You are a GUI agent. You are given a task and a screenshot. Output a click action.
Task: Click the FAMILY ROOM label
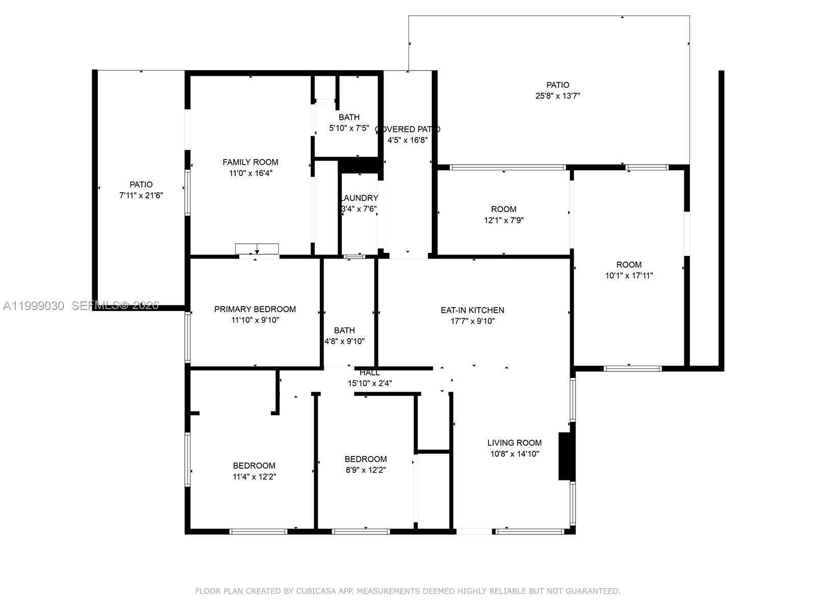(250, 162)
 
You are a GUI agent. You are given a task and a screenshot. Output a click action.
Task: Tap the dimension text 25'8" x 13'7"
(557, 96)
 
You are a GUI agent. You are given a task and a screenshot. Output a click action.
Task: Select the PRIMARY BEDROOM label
(254, 309)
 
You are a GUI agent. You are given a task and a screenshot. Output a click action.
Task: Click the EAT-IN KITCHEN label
(472, 310)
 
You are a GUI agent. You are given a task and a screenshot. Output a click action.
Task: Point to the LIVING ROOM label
(514, 443)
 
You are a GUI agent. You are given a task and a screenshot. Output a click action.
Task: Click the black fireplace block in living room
(566, 456)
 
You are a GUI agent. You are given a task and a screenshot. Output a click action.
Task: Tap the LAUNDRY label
(360, 198)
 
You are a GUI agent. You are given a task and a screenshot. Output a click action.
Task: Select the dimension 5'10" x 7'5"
(349, 128)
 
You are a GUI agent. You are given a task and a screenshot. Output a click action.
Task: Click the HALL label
(369, 373)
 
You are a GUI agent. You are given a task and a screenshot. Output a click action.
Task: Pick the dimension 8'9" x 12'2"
(365, 470)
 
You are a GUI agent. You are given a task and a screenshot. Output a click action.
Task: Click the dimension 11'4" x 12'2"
(254, 476)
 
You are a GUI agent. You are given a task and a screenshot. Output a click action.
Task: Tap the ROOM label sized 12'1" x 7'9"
(503, 209)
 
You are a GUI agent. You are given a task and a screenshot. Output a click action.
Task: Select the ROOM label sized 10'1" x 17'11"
(628, 265)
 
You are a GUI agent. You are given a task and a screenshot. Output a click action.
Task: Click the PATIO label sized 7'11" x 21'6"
(141, 185)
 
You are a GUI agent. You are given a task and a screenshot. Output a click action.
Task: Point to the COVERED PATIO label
(407, 129)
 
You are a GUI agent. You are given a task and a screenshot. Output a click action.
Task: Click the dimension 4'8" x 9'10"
(345, 341)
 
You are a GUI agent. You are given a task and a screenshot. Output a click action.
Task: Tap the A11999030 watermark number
(34, 305)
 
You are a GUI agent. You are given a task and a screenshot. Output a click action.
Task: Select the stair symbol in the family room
(257, 249)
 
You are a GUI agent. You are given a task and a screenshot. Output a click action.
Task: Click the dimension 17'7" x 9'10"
(472, 321)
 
